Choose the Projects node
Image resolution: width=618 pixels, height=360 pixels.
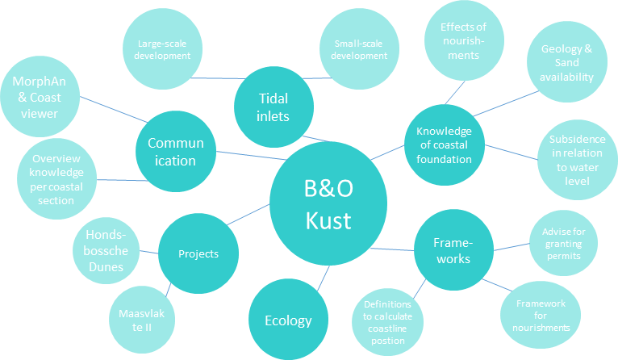point(198,253)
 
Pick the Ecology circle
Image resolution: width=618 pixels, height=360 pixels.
point(288,320)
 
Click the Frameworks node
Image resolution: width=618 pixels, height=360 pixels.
point(453,249)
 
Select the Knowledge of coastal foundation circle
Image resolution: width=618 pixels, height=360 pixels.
point(444,145)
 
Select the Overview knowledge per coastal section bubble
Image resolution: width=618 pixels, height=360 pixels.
point(56,178)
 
